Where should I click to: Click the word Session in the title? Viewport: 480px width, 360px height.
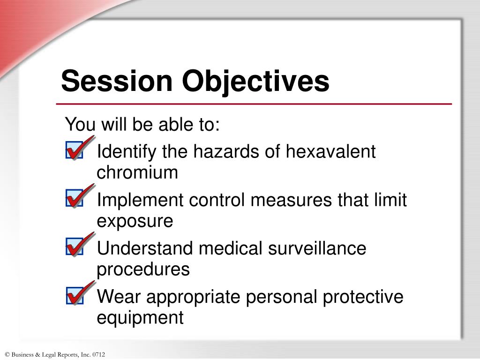117,81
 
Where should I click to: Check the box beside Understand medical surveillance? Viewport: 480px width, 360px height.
75,247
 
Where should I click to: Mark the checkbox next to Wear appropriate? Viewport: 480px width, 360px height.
75,296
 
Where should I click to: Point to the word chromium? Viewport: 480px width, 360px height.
137,173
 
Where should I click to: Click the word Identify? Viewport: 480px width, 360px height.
127,152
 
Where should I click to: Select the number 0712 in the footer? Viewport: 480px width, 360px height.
98,355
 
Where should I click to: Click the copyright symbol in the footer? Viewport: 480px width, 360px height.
7,355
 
